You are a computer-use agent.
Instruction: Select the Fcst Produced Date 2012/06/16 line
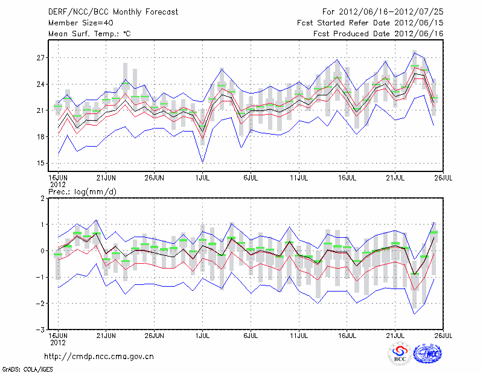click(379, 34)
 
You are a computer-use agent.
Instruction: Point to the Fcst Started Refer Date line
click(370, 23)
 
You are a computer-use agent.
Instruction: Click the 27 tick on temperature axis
click(40, 58)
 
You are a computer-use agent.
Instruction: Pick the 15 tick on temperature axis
click(40, 164)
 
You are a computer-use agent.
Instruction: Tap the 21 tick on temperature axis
click(40, 110)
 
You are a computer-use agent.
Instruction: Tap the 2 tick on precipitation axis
click(42, 199)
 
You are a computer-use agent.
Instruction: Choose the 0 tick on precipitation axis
click(42, 251)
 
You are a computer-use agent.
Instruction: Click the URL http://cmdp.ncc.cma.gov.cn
click(99, 356)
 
